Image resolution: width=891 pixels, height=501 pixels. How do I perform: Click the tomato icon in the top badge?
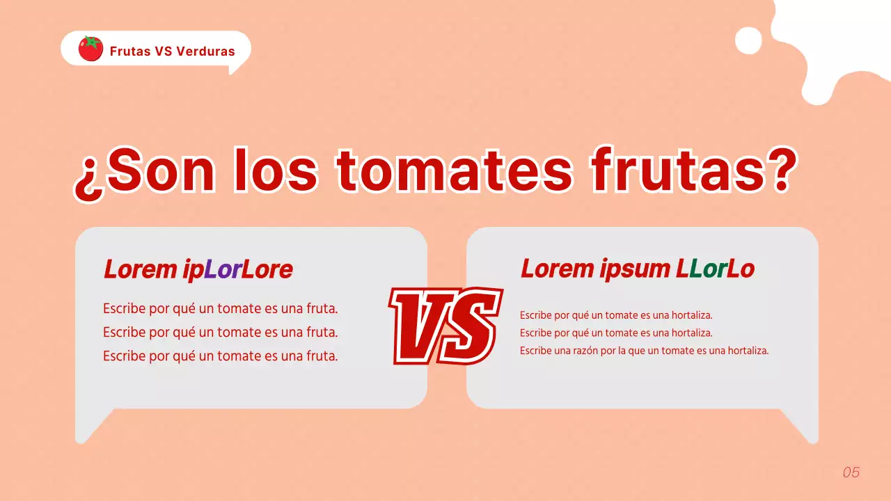pos(90,49)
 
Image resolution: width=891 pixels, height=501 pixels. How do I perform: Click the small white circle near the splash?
pos(748,40)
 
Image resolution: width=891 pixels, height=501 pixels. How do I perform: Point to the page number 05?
pos(851,472)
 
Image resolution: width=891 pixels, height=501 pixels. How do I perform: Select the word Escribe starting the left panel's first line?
pos(125,308)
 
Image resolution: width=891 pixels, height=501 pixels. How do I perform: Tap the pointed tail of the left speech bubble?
pos(90,427)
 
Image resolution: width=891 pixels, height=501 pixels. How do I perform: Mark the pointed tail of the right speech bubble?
pos(804,427)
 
